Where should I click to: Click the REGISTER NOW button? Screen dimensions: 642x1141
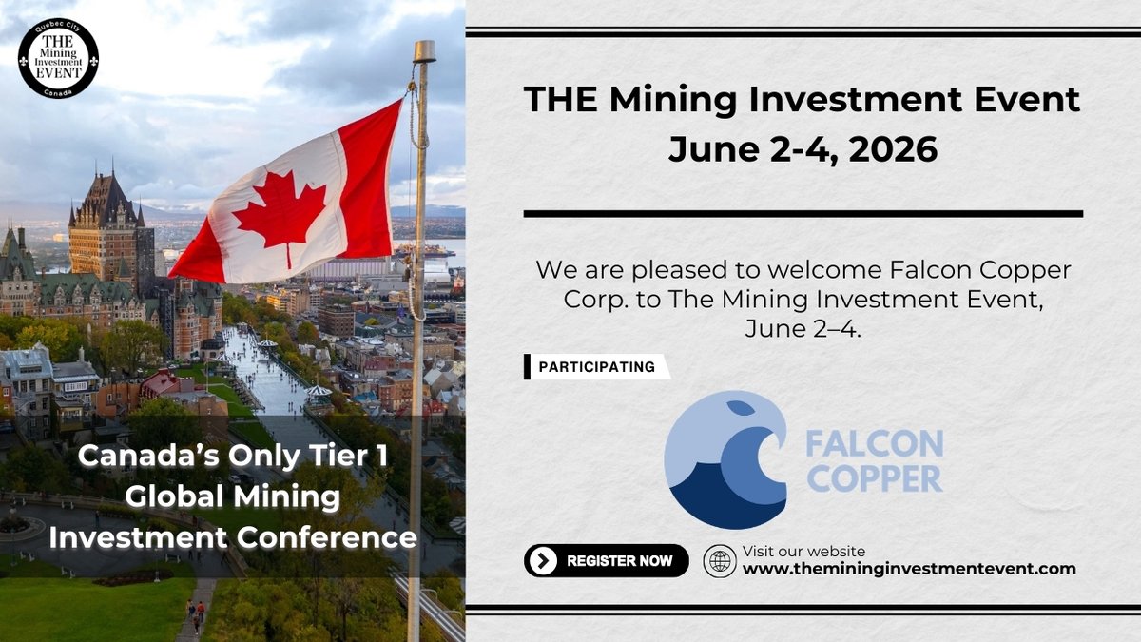606,561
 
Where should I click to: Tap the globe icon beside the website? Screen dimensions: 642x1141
720,561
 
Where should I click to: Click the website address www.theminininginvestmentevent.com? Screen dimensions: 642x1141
909,570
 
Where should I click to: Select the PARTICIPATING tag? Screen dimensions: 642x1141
596,367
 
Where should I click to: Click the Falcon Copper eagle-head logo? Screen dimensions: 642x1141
725,459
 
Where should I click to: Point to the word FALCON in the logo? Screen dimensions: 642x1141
874,444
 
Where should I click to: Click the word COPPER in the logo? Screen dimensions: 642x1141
874,477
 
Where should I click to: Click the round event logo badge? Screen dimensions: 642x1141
58,58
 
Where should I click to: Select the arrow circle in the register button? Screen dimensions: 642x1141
542,561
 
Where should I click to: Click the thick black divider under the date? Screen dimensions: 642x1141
803,213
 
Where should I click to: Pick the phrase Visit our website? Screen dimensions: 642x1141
803,552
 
